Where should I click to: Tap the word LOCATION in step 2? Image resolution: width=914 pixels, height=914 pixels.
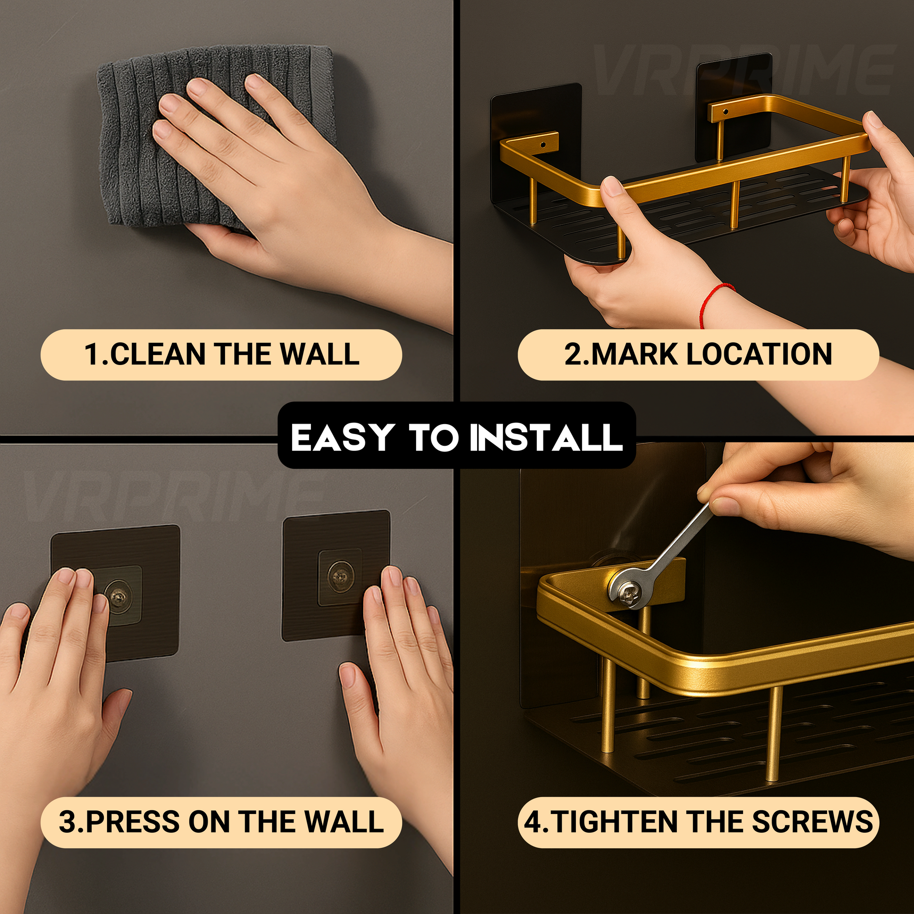click(759, 354)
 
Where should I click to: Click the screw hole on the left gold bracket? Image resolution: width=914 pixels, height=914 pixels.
click(542, 144)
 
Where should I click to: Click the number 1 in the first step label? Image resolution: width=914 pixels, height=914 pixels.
click(91, 354)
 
